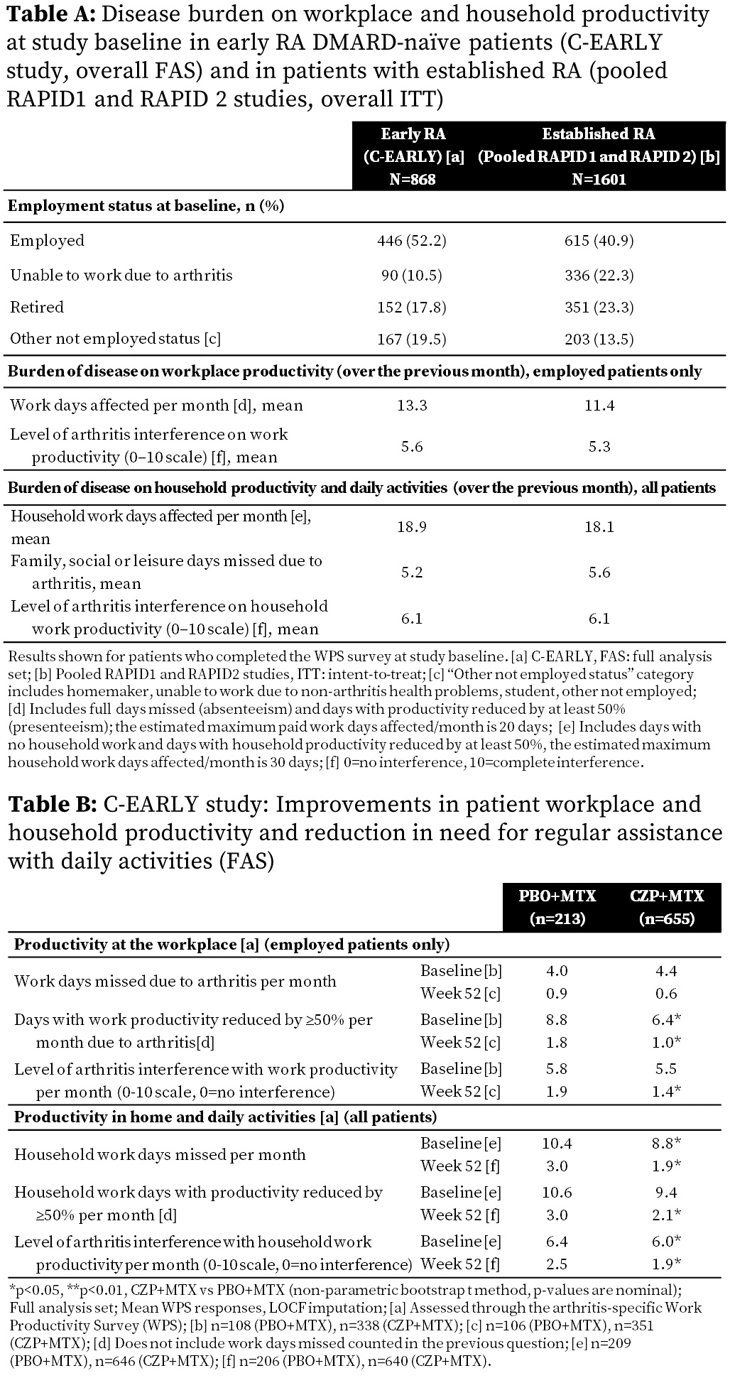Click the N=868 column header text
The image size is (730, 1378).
[412, 179]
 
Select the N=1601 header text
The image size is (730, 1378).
[599, 179]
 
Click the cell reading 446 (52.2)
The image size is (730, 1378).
[412, 241]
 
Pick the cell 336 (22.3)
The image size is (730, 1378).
[599, 275]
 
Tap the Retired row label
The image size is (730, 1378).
[37, 307]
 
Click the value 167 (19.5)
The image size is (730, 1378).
[412, 339]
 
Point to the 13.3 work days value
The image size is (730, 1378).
[412, 406]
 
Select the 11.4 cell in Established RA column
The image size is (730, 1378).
[599, 406]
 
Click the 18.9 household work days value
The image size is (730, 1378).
[412, 527]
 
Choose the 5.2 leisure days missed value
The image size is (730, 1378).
[412, 573]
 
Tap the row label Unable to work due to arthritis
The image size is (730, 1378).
[121, 275]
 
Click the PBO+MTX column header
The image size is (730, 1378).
[557, 896]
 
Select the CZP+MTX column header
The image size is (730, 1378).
[667, 896]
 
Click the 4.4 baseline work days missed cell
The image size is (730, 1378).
[667, 971]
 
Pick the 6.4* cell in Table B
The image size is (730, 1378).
[667, 1020]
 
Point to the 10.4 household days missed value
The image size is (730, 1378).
[557, 1144]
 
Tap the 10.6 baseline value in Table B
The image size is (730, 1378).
[557, 1193]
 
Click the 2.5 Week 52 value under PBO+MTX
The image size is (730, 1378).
[557, 1264]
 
